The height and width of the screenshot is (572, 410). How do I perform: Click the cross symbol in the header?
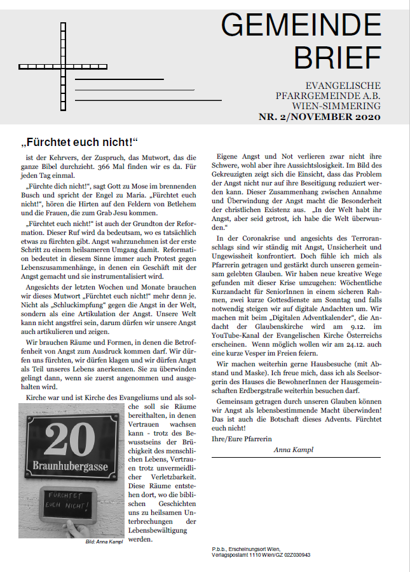55,67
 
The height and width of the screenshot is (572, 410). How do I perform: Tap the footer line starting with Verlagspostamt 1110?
261,554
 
